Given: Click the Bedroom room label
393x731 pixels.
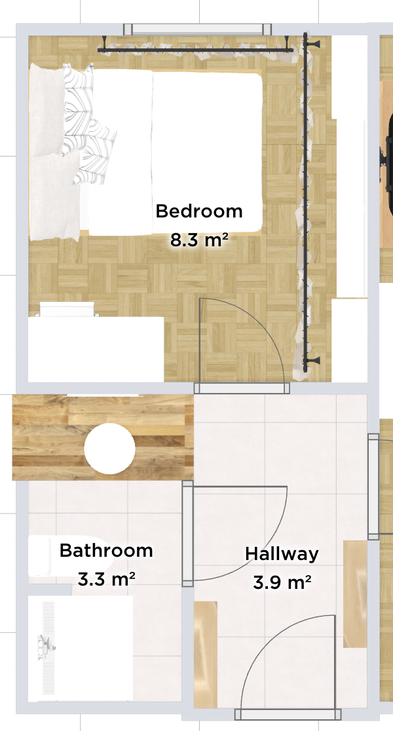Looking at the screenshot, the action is (199, 211).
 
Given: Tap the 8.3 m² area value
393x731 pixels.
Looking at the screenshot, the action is (199, 240).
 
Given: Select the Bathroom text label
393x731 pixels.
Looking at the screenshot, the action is (106, 551).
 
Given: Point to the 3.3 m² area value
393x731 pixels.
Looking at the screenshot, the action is (106, 580).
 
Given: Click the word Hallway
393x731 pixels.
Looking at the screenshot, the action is (282, 554).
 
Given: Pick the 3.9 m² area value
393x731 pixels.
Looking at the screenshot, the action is (282, 582).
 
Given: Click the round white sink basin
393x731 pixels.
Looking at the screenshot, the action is (109, 449).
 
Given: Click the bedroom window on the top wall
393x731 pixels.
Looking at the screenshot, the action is (198, 29).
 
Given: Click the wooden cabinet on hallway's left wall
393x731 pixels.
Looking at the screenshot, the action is (206, 654).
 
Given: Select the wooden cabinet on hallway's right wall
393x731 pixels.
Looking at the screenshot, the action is (355, 594).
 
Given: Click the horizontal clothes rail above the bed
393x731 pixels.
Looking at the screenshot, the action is (196, 49).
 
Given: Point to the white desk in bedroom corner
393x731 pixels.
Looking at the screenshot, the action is (96, 348).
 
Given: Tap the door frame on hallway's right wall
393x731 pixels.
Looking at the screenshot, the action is (373, 487).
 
